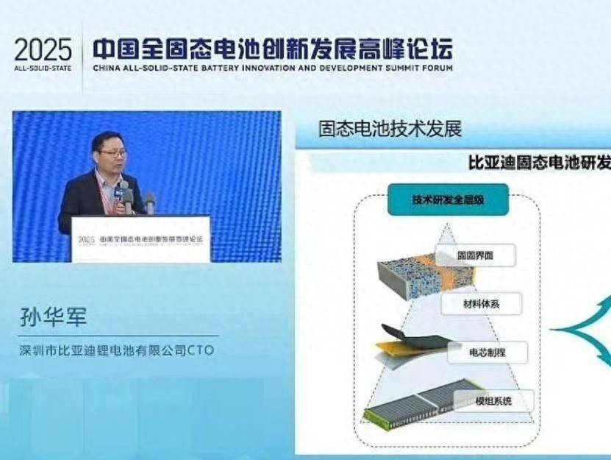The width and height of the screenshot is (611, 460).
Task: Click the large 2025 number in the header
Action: [43, 50]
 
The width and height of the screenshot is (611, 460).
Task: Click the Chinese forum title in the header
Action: [272, 48]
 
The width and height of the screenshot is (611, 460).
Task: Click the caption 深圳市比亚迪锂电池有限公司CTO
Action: [117, 350]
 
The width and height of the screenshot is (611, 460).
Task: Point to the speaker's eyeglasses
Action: [112, 153]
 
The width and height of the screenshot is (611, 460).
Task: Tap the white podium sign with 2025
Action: [140, 238]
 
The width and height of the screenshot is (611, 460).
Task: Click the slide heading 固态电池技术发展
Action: [390, 129]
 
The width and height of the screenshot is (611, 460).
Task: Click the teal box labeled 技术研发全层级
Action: [449, 199]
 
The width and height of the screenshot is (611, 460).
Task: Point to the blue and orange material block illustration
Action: [412, 276]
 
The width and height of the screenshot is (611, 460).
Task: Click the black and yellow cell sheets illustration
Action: [412, 346]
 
